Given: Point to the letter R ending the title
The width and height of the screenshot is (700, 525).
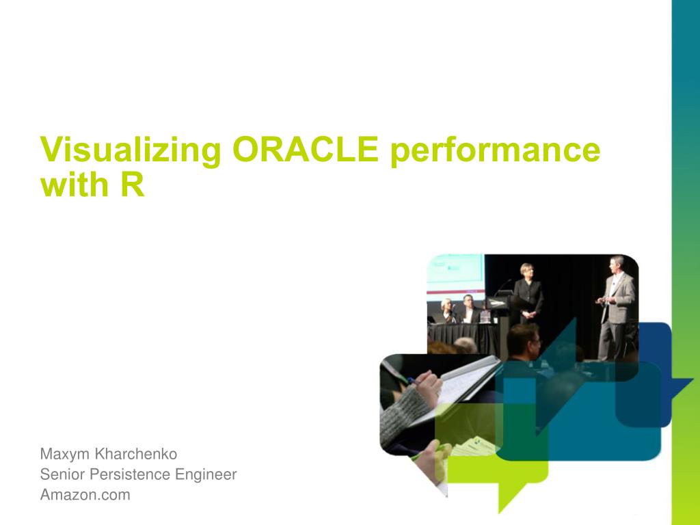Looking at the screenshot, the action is (x=133, y=185).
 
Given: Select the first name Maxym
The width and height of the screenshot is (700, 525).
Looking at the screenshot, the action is (x=65, y=455).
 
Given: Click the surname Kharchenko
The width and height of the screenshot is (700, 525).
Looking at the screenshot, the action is (x=136, y=454).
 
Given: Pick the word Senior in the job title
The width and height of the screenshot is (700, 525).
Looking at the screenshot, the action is (x=62, y=474).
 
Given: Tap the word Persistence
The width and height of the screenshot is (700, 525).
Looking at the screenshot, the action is (x=130, y=474).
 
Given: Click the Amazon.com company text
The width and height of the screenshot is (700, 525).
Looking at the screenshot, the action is (x=85, y=495).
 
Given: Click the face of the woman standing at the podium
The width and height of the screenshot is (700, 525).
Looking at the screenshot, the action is (x=527, y=271).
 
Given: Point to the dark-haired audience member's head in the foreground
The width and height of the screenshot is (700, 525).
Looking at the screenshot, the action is (x=523, y=339).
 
